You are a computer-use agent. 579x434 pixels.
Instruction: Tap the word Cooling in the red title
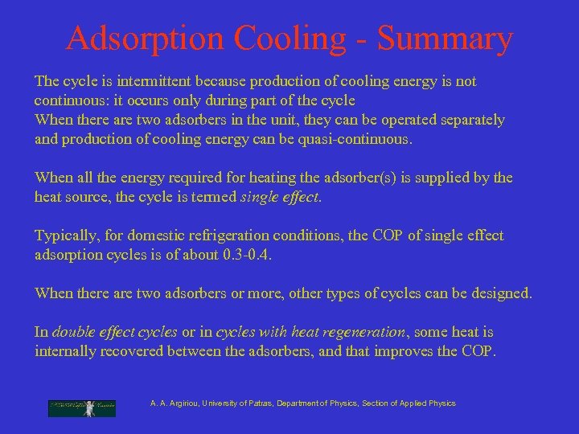pos(302,39)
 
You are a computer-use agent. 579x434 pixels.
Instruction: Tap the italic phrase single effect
pos(280,197)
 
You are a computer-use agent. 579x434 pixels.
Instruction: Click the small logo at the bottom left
pos(82,408)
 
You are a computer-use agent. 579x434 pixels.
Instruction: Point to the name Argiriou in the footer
pos(186,403)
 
